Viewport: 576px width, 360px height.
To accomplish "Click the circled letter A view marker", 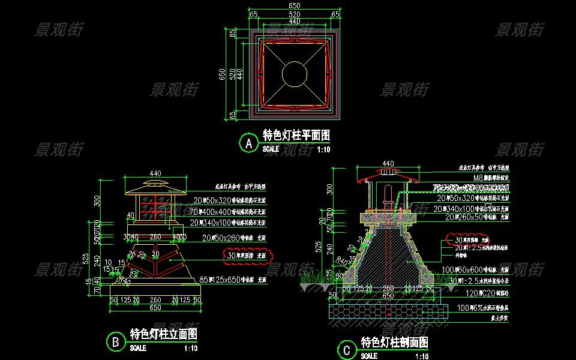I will click(247, 143).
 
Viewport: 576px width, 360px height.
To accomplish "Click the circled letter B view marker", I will click(114, 342).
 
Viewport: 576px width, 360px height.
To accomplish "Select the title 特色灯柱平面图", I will click(296, 136).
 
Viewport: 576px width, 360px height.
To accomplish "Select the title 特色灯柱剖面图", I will click(394, 343).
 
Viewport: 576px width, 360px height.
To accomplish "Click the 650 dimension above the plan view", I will click(295, 5).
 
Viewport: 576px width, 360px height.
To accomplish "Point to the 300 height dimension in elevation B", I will click(97, 200).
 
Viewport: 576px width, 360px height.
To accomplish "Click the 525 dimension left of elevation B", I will click(86, 259).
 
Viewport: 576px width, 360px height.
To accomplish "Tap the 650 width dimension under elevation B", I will click(155, 308).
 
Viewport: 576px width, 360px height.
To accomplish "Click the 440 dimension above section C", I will click(388, 163).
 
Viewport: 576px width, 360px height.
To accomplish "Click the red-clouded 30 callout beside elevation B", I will click(246, 256).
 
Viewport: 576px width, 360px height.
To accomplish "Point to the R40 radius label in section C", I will click(343, 260).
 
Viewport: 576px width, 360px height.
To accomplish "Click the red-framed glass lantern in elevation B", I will click(155, 206).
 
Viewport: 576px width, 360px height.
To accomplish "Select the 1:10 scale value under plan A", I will click(323, 149).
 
